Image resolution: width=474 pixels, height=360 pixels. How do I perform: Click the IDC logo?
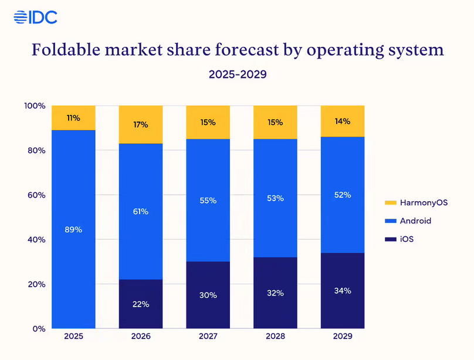click(x=35, y=18)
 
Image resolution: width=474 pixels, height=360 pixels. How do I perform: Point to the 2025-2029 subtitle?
click(x=238, y=75)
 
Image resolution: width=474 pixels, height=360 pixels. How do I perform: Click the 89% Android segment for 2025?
click(x=74, y=229)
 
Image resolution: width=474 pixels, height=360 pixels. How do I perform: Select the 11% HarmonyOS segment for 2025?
click(x=74, y=118)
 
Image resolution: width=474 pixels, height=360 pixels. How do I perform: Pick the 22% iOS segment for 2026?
click(x=141, y=304)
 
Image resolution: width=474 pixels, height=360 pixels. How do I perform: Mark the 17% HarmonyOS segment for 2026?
click(x=141, y=124)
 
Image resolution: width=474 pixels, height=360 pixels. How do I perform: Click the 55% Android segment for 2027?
click(x=208, y=201)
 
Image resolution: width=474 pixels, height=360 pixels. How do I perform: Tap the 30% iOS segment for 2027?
click(x=208, y=295)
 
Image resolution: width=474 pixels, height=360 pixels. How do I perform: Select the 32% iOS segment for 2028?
click(x=275, y=293)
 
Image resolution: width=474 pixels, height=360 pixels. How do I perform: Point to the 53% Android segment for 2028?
click(x=275, y=198)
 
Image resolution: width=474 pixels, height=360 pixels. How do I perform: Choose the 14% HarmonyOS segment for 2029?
click(x=343, y=121)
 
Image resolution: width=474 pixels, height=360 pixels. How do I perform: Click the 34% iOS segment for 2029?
click(x=343, y=291)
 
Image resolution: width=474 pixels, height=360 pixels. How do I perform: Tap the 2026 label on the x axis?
click(x=141, y=337)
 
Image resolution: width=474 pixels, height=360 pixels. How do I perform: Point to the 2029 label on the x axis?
click(x=343, y=337)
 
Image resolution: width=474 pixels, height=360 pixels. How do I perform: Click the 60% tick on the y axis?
click(x=35, y=195)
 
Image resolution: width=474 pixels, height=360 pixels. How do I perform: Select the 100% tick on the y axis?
click(x=35, y=106)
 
